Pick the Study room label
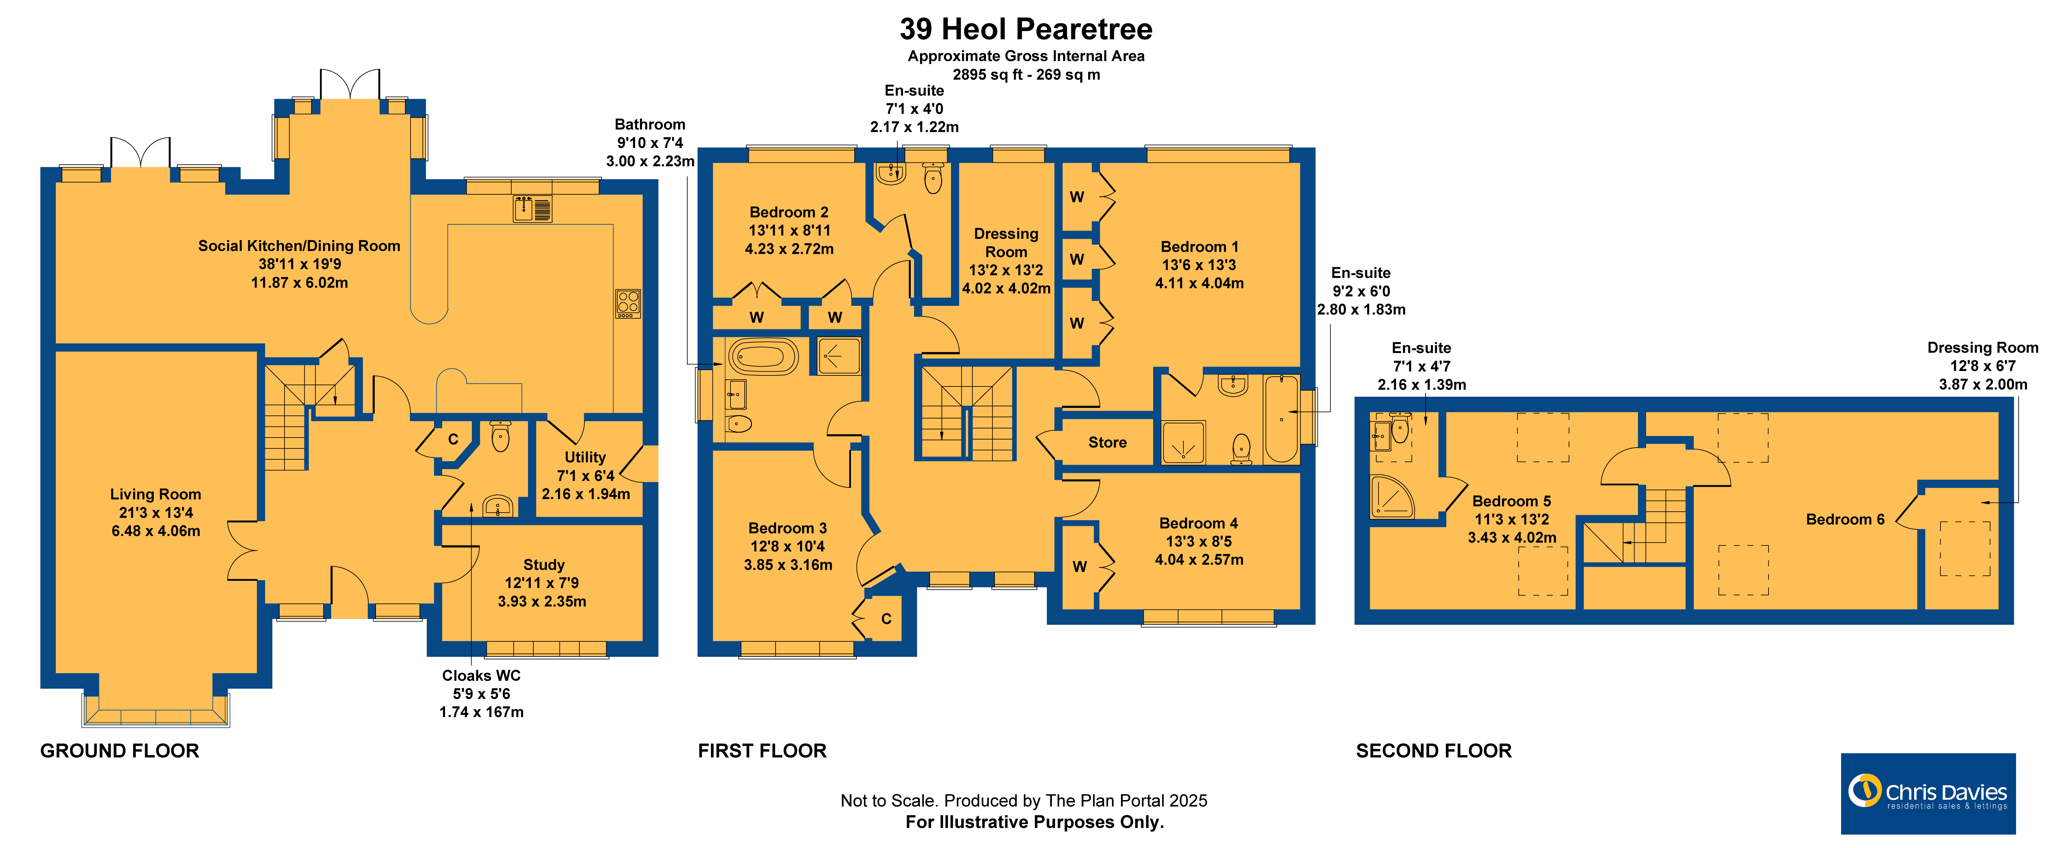click(543, 565)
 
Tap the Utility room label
click(585, 457)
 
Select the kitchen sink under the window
click(532, 209)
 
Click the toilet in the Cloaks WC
click(500, 436)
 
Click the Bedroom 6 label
click(1845, 520)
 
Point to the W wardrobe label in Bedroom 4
click(1080, 567)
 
